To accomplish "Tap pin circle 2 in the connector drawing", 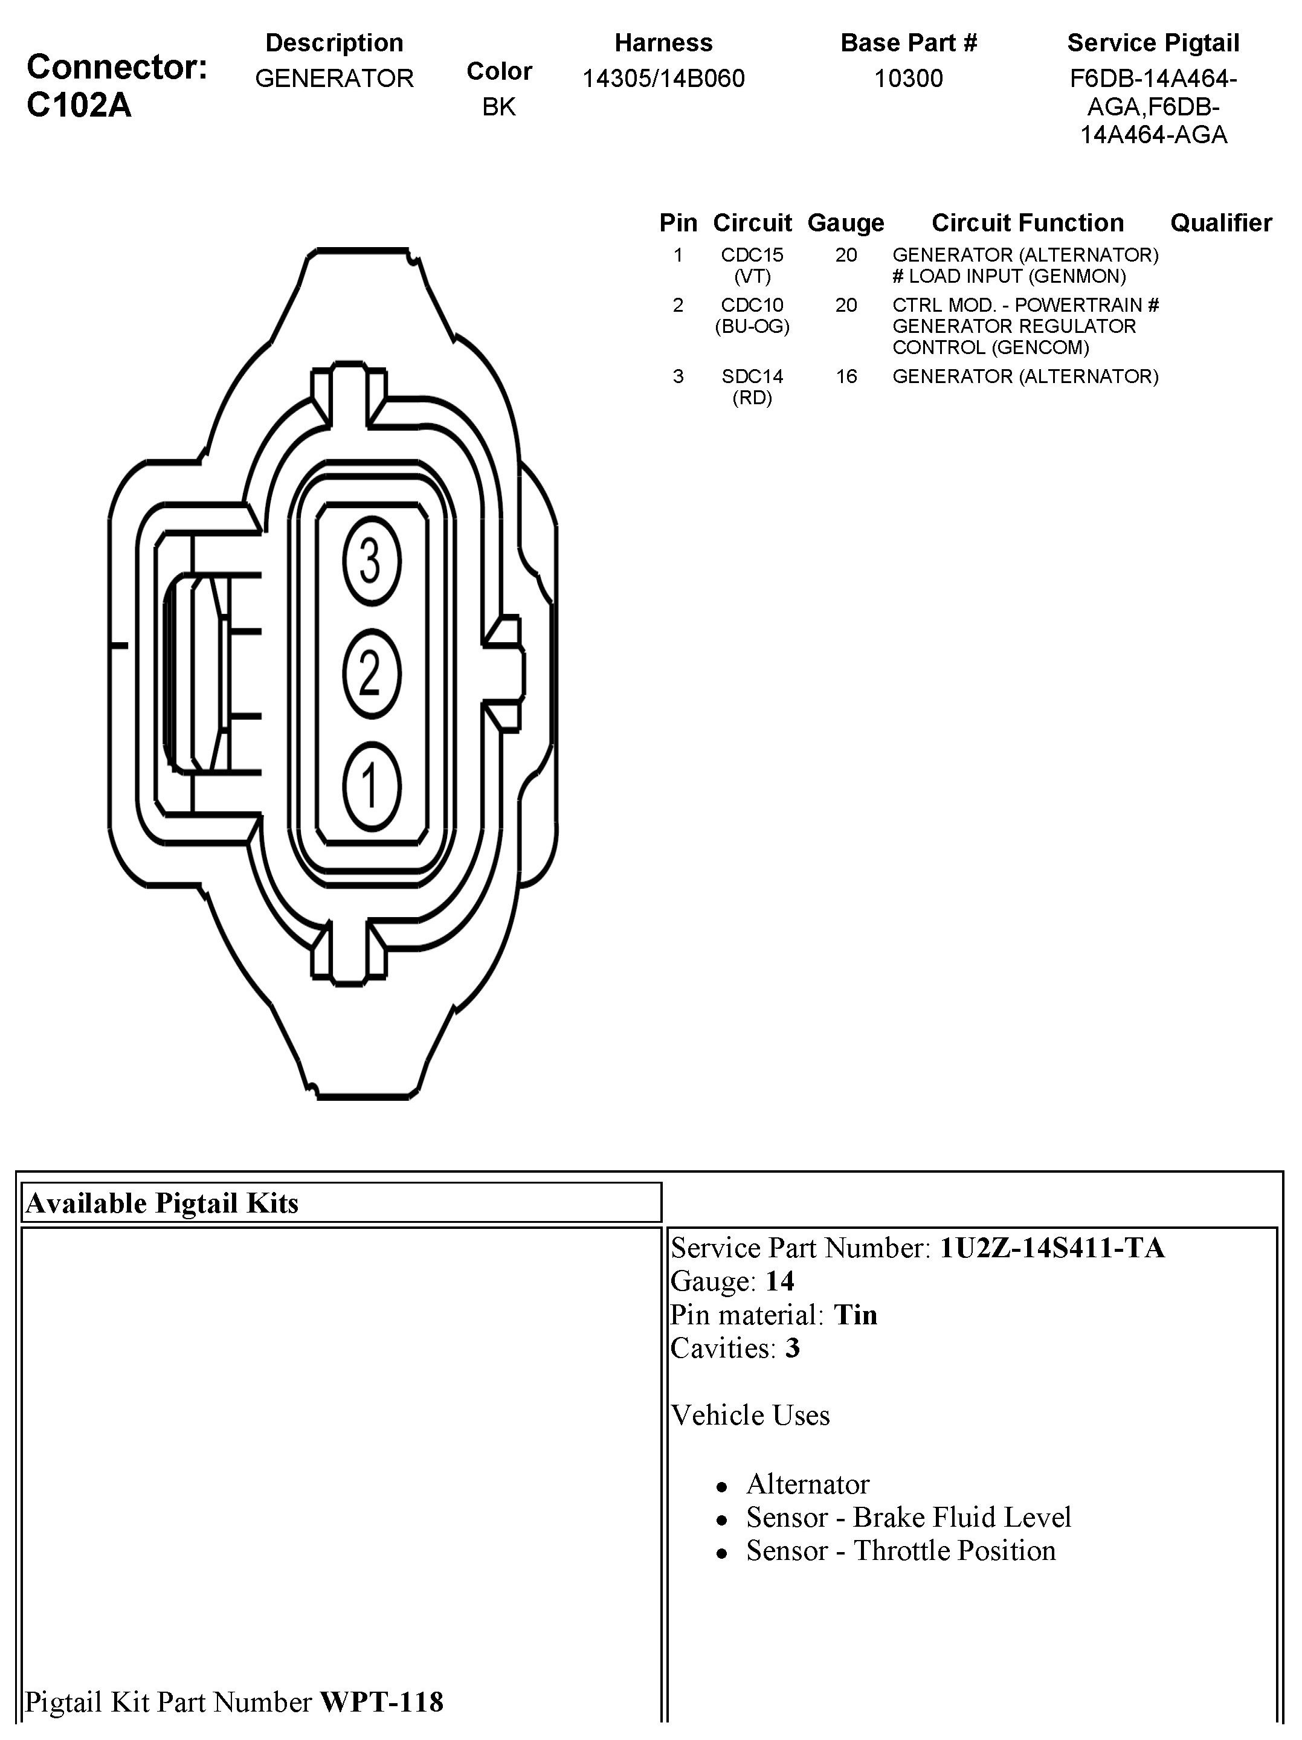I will pos(372,674).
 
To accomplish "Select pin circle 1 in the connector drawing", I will pos(372,786).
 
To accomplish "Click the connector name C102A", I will pos(79,105).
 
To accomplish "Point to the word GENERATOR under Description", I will pos(334,79).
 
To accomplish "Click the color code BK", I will pos(499,107).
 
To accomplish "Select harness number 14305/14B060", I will pos(663,79).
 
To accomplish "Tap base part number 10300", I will pos(909,79).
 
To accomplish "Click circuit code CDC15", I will pos(752,255).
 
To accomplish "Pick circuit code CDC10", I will pos(752,305).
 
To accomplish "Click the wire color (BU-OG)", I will pos(752,326).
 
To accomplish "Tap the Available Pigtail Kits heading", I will pos(162,1203).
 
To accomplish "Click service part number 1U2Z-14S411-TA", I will pos(1052,1248).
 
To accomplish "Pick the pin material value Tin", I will pos(855,1315).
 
